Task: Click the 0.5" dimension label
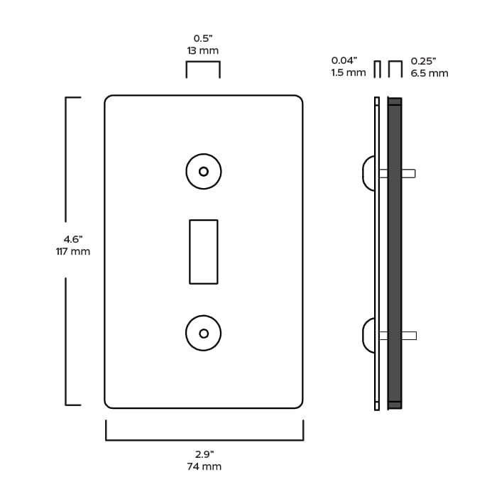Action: [203, 38]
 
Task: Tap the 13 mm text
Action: [203, 50]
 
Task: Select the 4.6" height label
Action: [73, 239]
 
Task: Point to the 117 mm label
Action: [73, 251]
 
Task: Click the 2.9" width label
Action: [204, 454]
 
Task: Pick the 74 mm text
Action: [204, 466]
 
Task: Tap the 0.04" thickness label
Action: [344, 60]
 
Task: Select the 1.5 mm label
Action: [349, 72]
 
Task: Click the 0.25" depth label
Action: [423, 61]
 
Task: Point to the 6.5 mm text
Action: [429, 73]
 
